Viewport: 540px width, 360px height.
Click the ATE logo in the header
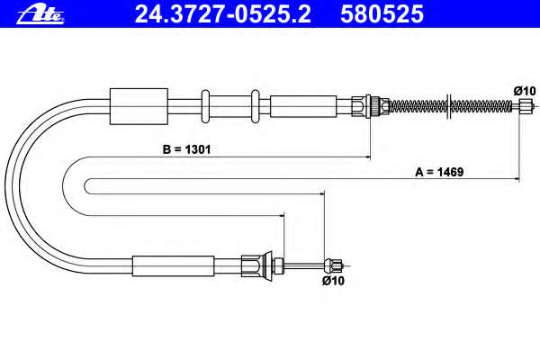pos(40,14)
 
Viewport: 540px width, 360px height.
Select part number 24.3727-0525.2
pos(223,14)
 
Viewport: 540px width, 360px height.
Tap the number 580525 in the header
pos(382,14)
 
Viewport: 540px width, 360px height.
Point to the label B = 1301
pos(186,149)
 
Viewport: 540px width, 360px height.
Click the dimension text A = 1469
pos(439,172)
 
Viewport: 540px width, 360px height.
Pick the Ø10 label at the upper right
pos(525,91)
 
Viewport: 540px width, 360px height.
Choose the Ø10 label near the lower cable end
pos(333,281)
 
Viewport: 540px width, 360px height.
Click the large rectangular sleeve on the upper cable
pos(139,106)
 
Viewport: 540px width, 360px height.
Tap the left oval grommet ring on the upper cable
pos(205,106)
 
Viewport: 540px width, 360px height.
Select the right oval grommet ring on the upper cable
pos(256,106)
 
